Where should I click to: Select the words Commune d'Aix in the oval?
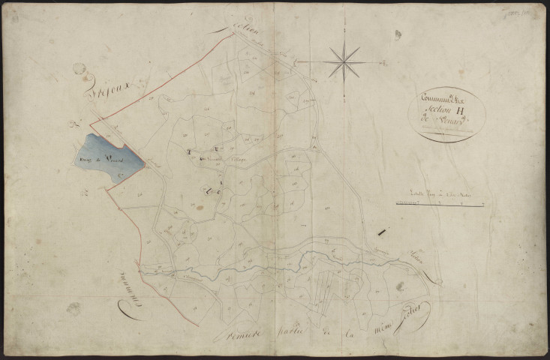pyautogui.click(x=443, y=99)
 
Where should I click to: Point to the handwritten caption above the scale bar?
pyautogui.click(x=439, y=193)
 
